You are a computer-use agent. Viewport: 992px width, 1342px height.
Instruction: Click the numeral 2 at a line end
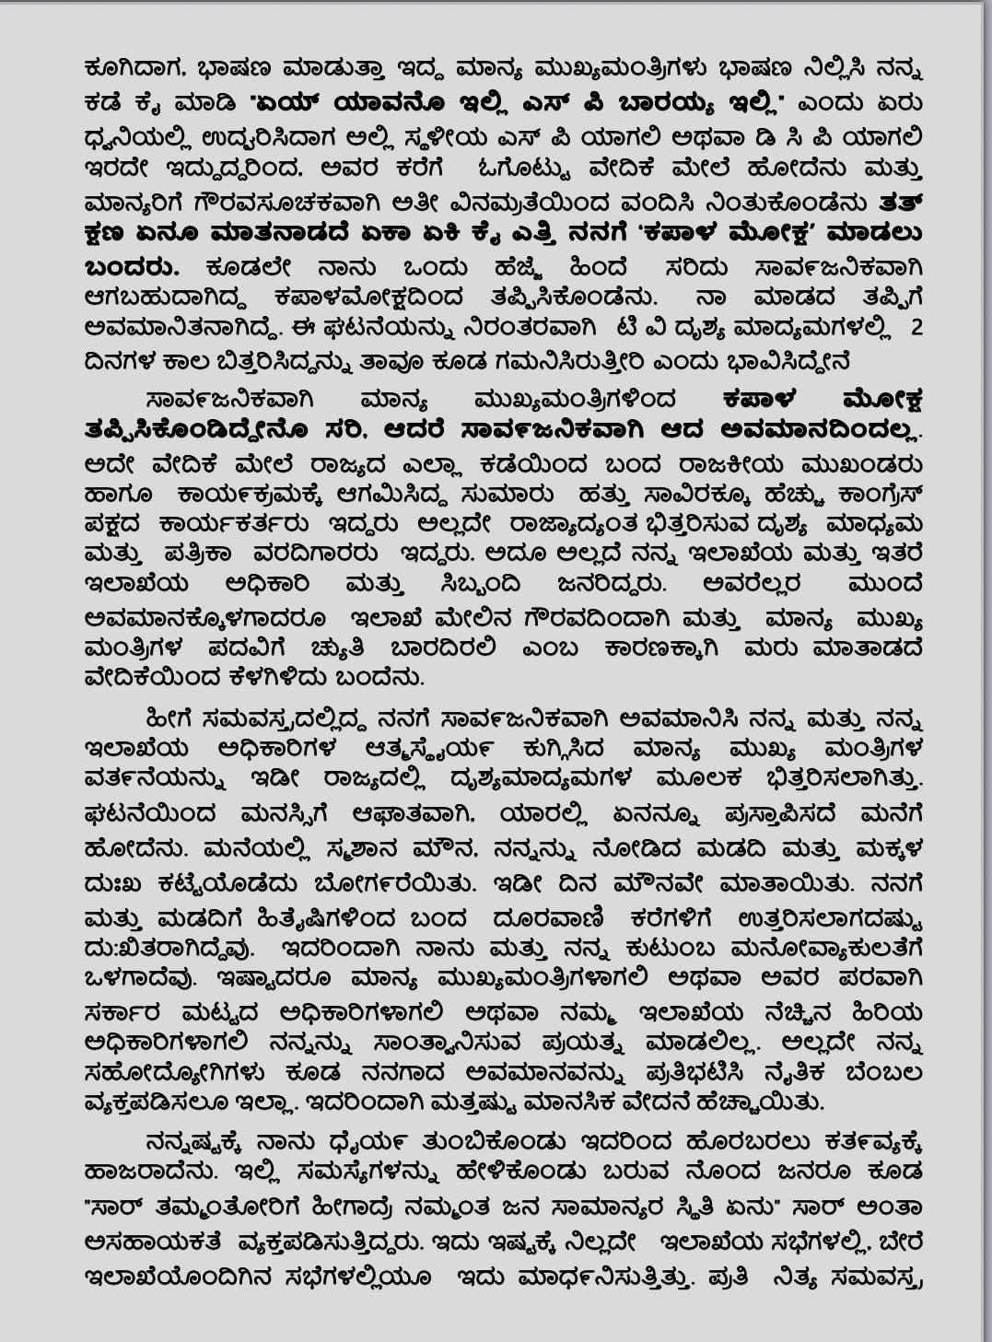point(914,327)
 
